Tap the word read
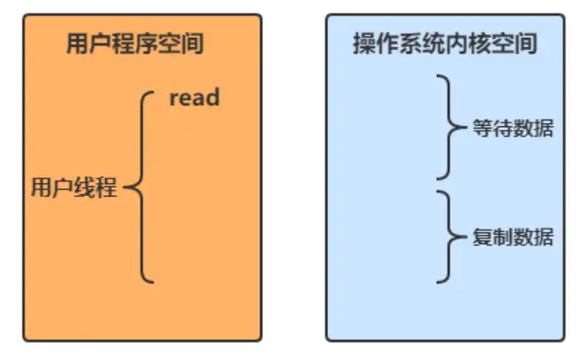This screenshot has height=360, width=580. (x=194, y=97)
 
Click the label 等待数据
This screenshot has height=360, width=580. (x=514, y=130)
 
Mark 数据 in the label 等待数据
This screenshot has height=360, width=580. (x=534, y=130)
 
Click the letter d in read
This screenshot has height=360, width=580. (x=212, y=97)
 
